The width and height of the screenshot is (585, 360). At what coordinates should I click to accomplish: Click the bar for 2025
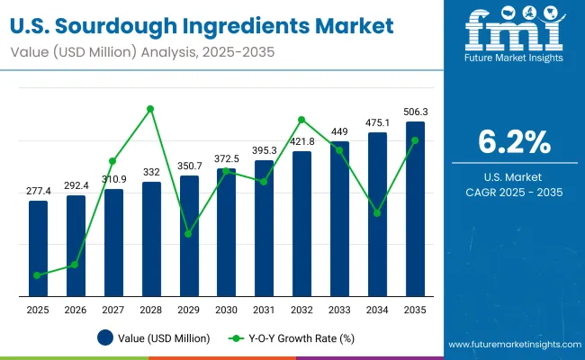point(38,247)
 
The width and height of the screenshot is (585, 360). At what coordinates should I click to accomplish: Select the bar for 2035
point(415,209)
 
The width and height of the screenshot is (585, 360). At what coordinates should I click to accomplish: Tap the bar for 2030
point(226,232)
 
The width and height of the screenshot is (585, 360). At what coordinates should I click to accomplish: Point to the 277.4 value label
point(38,191)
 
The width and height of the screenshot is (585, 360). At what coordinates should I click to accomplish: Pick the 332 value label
point(151,172)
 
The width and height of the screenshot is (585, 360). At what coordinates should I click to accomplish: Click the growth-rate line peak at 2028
point(151,109)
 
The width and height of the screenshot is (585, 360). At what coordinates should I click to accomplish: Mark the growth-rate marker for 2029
point(188,234)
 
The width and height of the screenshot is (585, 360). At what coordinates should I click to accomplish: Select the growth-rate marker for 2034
point(377,213)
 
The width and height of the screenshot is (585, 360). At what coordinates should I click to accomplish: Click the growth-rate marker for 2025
point(38,275)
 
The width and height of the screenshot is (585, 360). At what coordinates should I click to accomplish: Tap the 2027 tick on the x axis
point(113,310)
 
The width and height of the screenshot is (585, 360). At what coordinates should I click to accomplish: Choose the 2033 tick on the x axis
point(339,310)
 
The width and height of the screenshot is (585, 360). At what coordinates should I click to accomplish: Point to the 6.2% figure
point(513,143)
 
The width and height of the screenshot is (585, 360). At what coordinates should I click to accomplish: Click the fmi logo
point(512,31)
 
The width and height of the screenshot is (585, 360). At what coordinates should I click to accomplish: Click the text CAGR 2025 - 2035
point(513,193)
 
